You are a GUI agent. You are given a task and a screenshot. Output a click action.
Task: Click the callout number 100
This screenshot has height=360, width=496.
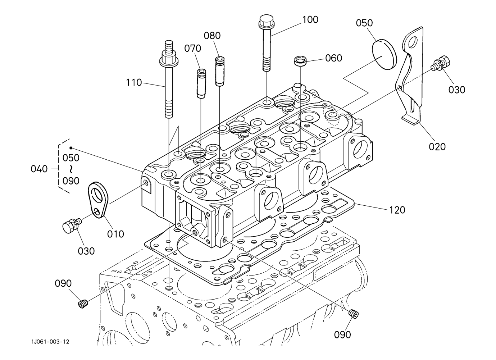point(310,19)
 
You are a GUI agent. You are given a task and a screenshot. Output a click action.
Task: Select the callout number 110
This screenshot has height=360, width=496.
point(134,82)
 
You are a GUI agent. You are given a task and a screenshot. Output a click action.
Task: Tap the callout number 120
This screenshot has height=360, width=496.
point(397,210)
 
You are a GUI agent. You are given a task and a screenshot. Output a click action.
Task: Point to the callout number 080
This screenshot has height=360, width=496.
point(212,36)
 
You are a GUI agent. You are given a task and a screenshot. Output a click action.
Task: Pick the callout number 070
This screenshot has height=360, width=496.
point(193,48)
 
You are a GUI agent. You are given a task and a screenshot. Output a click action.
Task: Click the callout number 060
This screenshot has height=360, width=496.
point(334,58)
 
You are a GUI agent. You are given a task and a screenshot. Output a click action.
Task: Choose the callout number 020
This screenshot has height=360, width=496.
point(437,146)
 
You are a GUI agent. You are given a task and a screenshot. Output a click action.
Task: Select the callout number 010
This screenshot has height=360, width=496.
point(115,234)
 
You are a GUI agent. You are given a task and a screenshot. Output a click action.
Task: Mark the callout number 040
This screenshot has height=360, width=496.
point(39,169)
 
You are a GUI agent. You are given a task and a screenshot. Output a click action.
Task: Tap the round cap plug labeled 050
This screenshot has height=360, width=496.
point(384,54)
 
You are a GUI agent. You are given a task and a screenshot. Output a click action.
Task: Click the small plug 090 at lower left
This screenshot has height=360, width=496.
point(83,304)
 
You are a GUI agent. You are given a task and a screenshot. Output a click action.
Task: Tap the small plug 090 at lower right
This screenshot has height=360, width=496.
point(353,314)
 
